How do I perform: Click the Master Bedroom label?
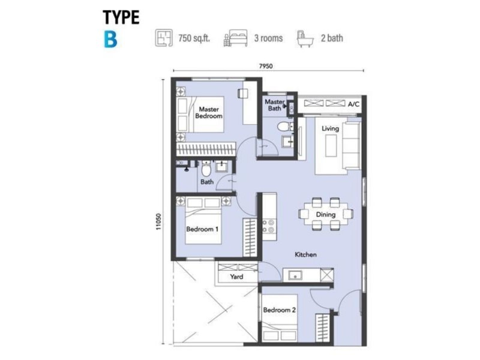(208, 113)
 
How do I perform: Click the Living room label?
(330, 129)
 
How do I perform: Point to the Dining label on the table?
(325, 214)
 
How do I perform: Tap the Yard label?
(236, 277)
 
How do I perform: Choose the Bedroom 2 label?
(279, 310)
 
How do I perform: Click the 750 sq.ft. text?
(193, 39)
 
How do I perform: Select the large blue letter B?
(109, 39)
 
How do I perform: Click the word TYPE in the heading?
(121, 17)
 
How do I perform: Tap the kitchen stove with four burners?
(269, 226)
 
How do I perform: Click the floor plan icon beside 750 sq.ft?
(162, 39)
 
